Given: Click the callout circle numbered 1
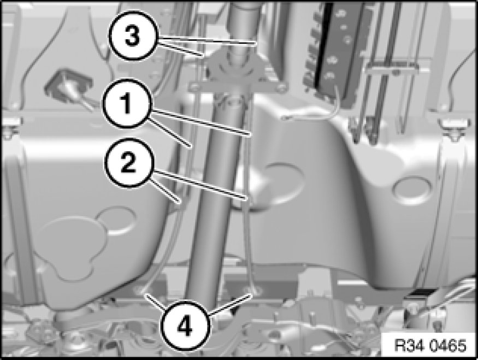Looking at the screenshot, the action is click(127, 103).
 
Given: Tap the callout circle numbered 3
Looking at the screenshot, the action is click(132, 35).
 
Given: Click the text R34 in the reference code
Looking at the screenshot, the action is click(409, 346).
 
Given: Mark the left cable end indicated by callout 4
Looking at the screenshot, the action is click(143, 291).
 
